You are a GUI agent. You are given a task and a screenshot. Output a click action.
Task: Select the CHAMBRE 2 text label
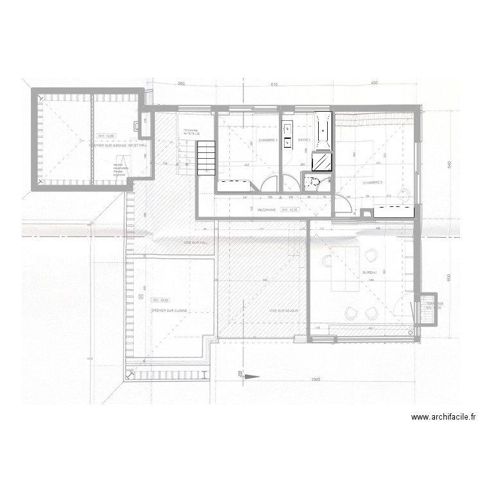[372, 183]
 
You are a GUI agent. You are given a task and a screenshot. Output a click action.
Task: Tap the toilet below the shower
[314, 183]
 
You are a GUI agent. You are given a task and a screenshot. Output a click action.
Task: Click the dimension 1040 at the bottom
[314, 380]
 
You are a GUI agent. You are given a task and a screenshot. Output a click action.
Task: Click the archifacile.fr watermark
[443, 417]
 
